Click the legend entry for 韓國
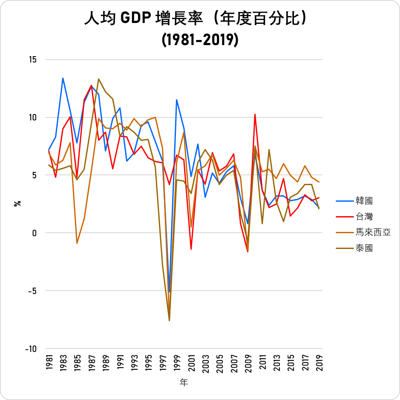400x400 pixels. pos(364,200)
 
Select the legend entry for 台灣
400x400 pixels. pos(364,216)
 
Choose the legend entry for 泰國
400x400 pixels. pos(364,248)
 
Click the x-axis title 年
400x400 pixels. pos(184,383)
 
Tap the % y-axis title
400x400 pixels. pos(17,203)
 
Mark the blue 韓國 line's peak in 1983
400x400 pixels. pos(63,78)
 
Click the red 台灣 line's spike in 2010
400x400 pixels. pos(255,114)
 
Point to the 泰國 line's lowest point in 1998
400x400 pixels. pos(170,320)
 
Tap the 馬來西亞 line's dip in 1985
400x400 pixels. pos(77,243)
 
